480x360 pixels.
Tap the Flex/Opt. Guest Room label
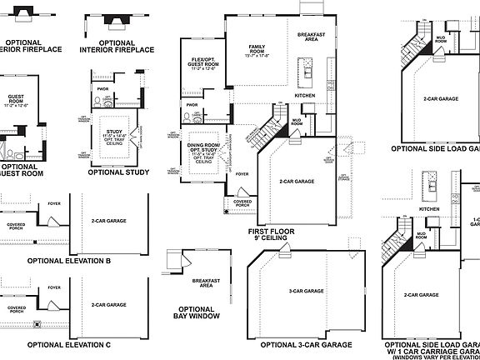pyautogui.click(x=204, y=65)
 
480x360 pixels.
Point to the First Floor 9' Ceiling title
pyautogui.click(x=267, y=233)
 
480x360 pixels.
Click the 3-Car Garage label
pyautogui.click(x=307, y=292)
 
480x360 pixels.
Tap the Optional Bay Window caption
pyautogui.click(x=197, y=314)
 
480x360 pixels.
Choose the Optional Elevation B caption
pyautogui.click(x=69, y=261)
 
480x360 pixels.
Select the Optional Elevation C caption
pyautogui.click(x=69, y=343)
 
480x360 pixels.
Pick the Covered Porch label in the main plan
pyautogui.click(x=243, y=202)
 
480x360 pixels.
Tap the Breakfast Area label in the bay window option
pyautogui.click(x=205, y=283)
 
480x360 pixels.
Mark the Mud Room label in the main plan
pyautogui.click(x=296, y=122)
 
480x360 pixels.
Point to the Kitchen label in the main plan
pyautogui.click(x=306, y=96)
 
